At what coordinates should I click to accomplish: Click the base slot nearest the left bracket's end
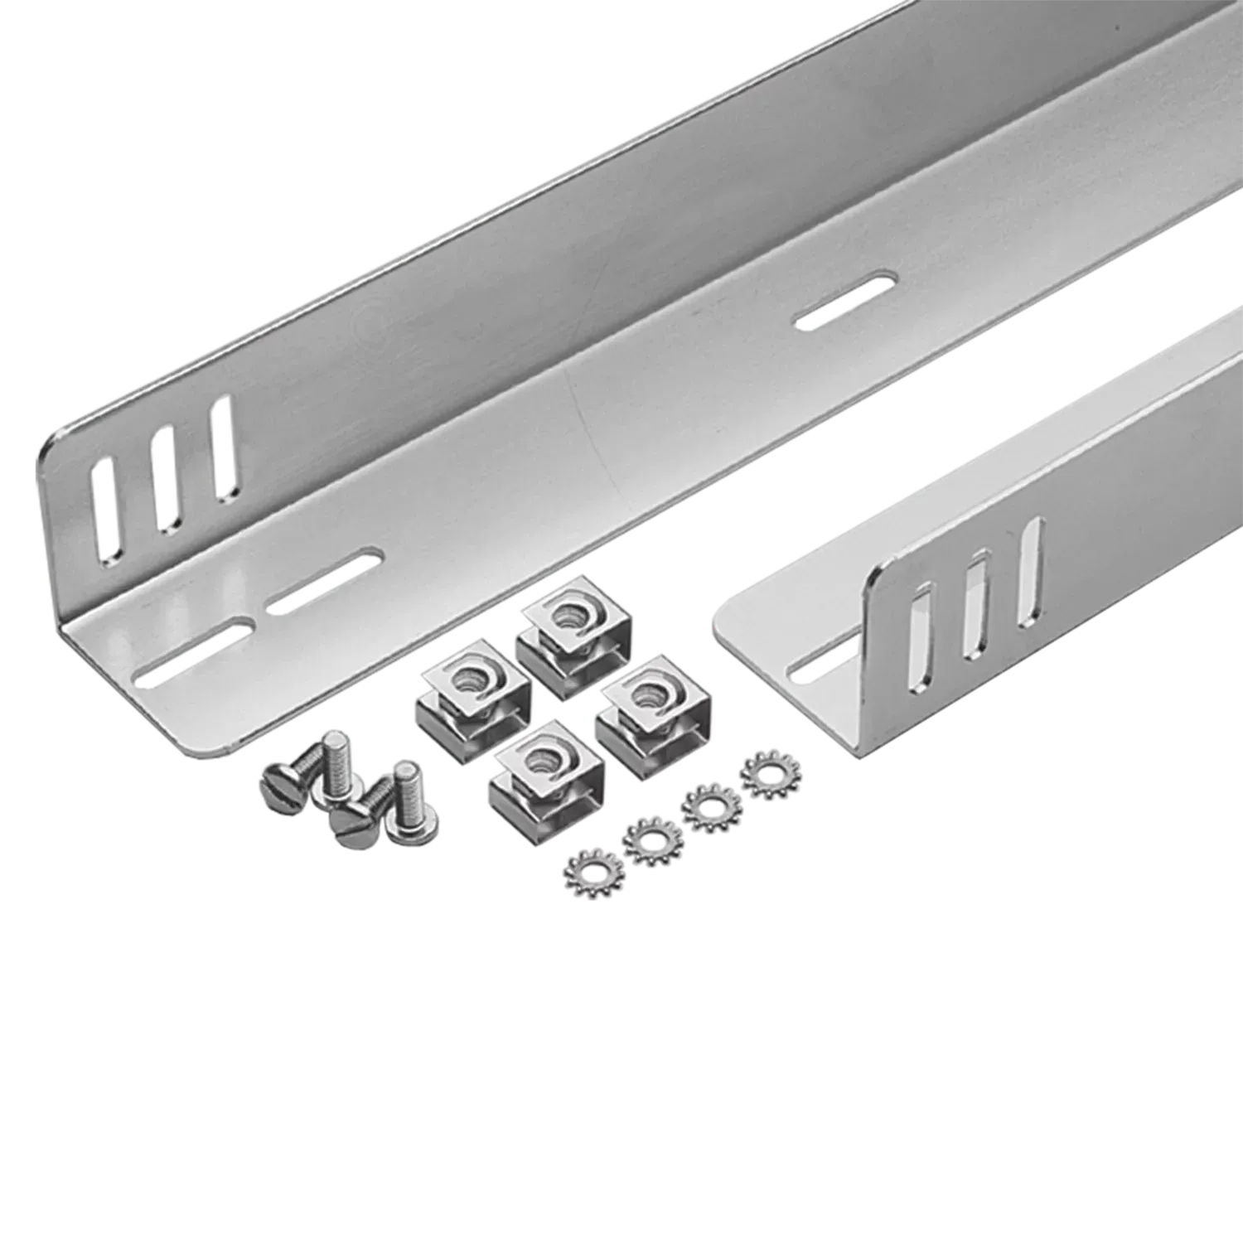point(196,651)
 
